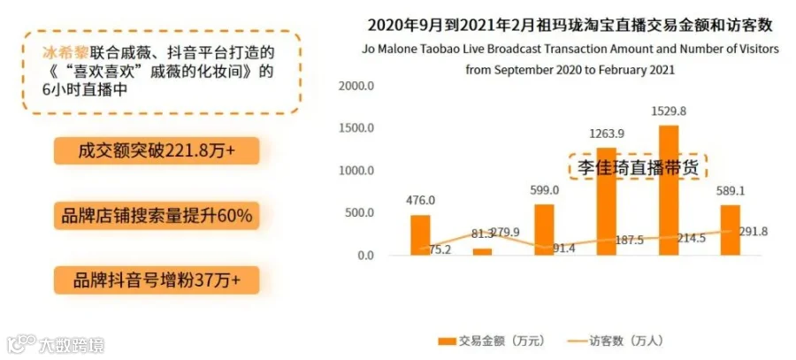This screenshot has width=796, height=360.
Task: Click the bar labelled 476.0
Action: [420, 235]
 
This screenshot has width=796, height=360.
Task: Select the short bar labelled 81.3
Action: [482, 252]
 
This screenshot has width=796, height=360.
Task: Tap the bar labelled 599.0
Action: [545, 230]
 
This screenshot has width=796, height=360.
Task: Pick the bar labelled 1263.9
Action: [607, 202]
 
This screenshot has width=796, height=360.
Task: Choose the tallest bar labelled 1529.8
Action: [670, 190]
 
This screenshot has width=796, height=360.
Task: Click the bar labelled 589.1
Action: [731, 230]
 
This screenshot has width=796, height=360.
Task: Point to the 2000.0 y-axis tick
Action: [357, 86]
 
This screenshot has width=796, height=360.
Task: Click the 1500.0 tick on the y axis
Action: [357, 128]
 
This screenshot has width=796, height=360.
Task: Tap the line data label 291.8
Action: [754, 232]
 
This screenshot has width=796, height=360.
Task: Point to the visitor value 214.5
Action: [692, 239]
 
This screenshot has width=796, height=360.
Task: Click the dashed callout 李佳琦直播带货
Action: [638, 167]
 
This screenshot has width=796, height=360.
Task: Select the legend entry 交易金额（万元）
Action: [492, 341]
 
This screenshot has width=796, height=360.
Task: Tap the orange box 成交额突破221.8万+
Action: [157, 150]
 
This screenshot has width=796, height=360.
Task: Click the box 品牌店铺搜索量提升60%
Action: [157, 216]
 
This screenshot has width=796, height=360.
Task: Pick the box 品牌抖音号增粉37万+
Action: [157, 280]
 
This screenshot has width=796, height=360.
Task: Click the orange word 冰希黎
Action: [65, 53]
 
